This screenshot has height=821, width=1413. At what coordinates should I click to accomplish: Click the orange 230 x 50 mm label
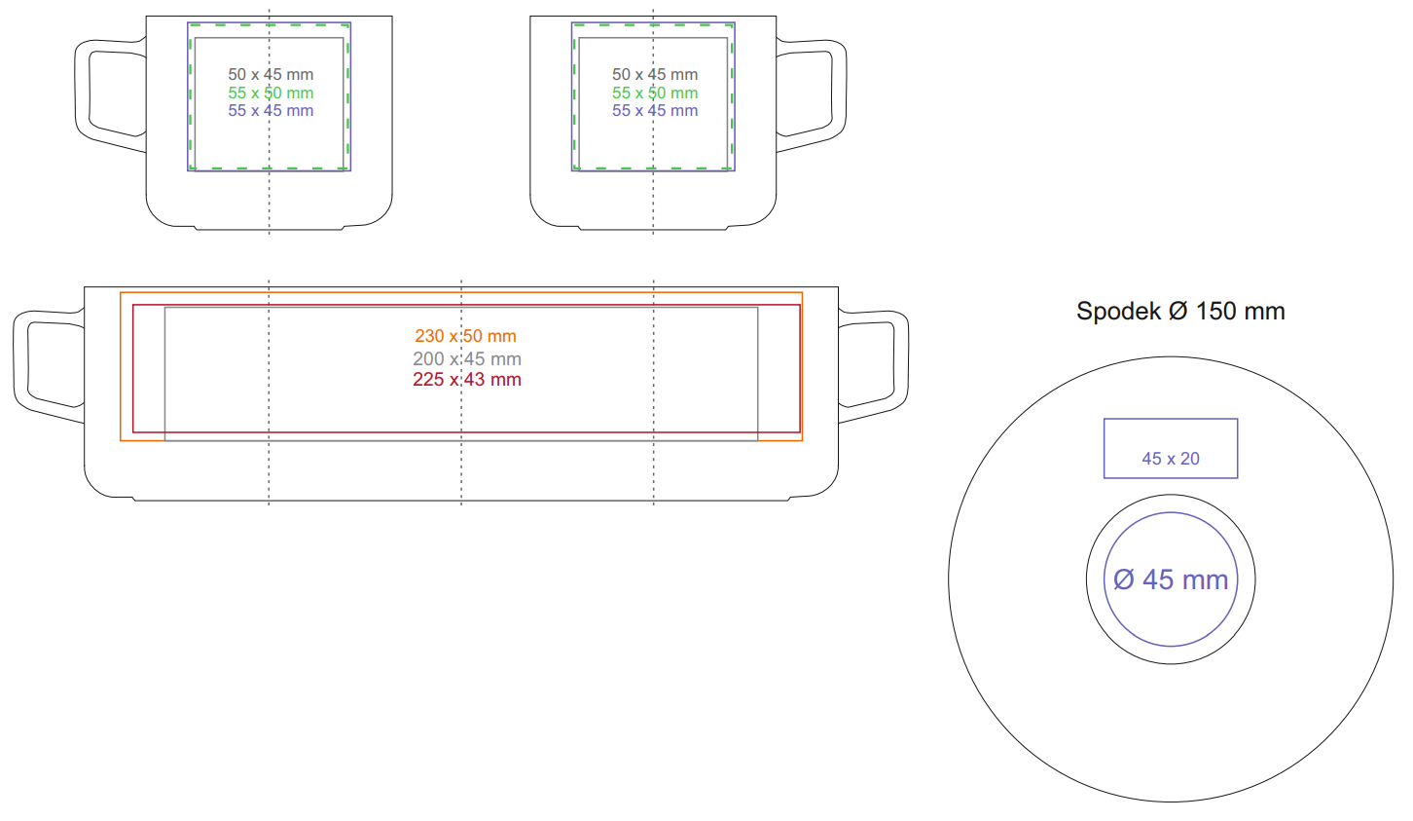click(x=465, y=336)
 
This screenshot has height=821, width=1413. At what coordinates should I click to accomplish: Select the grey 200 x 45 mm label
click(x=467, y=358)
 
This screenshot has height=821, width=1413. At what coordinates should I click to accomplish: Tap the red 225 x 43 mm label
click(x=467, y=380)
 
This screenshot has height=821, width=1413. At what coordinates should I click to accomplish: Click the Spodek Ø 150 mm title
click(x=1180, y=312)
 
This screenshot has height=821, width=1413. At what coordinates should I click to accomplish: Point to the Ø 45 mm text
click(x=1171, y=579)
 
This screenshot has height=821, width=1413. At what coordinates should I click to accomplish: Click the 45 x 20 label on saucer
click(x=1171, y=459)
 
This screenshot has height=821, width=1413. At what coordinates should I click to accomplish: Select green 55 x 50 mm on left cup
click(x=271, y=93)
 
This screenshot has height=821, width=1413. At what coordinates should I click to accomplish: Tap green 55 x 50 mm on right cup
click(x=655, y=93)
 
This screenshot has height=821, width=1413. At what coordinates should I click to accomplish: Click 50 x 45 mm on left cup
click(x=271, y=75)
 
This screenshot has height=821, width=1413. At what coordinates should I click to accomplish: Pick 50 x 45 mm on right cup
click(x=655, y=75)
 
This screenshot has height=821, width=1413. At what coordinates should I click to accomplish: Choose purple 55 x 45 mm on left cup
click(x=271, y=111)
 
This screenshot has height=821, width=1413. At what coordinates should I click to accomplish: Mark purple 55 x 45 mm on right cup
click(x=655, y=111)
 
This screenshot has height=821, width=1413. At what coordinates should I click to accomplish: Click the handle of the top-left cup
click(x=84, y=93)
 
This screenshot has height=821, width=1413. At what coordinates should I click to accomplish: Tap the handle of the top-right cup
click(x=839, y=93)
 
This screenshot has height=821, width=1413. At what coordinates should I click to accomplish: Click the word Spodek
click(x=1118, y=312)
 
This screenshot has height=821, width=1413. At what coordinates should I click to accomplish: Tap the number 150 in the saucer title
click(x=1216, y=312)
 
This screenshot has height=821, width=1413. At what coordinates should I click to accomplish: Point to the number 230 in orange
click(x=430, y=336)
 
